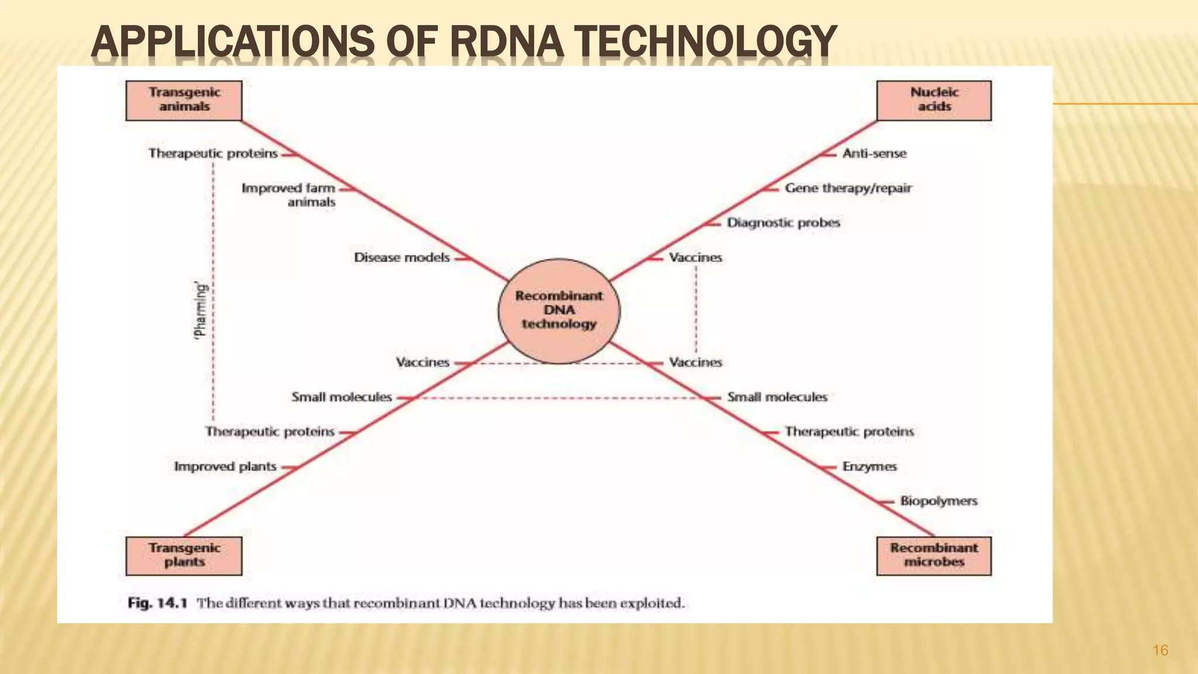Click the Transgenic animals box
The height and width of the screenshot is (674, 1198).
pyautogui.click(x=184, y=100)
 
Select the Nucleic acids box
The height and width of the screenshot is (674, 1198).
pyautogui.click(x=934, y=100)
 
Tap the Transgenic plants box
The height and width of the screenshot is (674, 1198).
pyautogui.click(x=184, y=555)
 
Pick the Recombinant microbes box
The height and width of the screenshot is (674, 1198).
pyautogui.click(x=934, y=555)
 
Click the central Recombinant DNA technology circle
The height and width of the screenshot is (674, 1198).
pyautogui.click(x=559, y=311)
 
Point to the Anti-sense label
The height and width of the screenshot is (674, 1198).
pyautogui.click(x=874, y=153)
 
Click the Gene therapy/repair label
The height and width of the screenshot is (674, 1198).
pyautogui.click(x=848, y=188)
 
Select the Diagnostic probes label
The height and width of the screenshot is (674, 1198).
pyautogui.click(x=783, y=223)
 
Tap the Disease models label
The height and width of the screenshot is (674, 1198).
pyautogui.click(x=402, y=257)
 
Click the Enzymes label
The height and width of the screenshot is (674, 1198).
pyautogui.click(x=869, y=467)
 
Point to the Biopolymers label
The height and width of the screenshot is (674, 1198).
pyautogui.click(x=938, y=501)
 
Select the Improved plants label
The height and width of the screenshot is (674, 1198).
pyautogui.click(x=225, y=467)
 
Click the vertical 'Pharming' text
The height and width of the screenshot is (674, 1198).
pyautogui.click(x=200, y=311)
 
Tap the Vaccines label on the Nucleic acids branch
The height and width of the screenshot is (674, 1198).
pyautogui.click(x=696, y=257)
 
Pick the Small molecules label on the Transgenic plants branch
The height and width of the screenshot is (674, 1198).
pyautogui.click(x=342, y=397)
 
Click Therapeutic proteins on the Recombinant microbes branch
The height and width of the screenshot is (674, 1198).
pyautogui.click(x=849, y=432)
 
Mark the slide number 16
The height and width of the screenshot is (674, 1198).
pyautogui.click(x=1160, y=651)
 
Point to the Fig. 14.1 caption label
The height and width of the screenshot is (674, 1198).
pyautogui.click(x=157, y=603)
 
